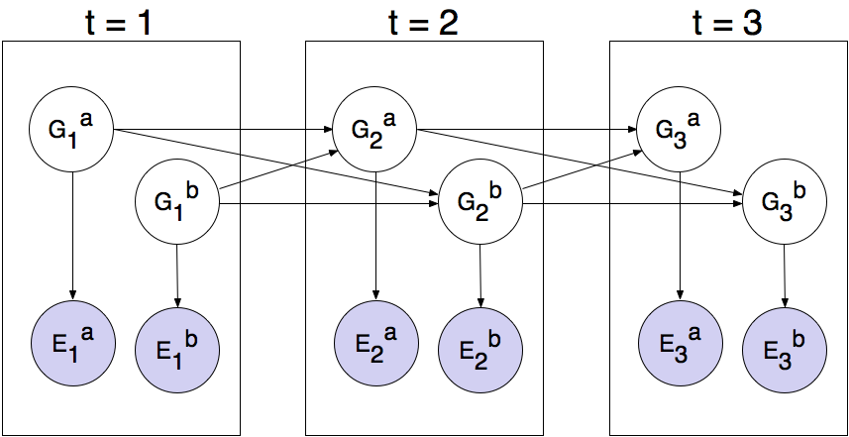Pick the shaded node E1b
(177, 349)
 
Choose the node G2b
(480, 203)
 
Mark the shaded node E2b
(481, 349)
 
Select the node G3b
(785, 203)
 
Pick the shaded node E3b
(786, 349)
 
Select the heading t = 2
(423, 22)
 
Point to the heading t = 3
(726, 22)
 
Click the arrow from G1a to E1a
(72, 233)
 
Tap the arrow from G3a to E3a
(679, 233)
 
